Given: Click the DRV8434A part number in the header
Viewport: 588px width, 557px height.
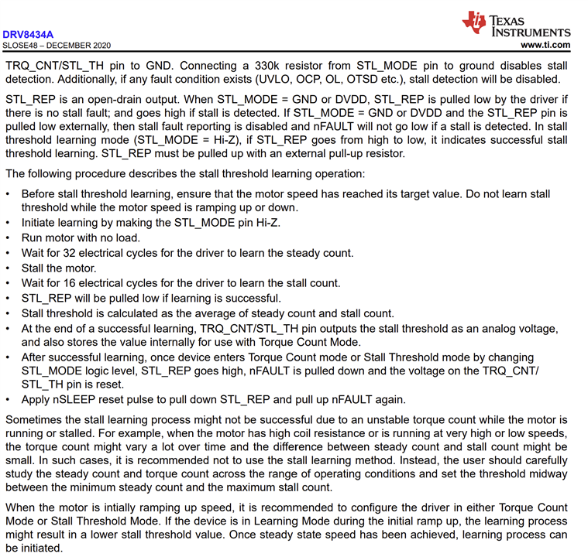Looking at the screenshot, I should click(x=28, y=34).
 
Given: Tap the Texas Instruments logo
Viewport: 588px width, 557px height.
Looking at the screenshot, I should click(x=516, y=23).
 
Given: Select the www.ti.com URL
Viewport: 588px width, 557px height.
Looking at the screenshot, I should click(x=547, y=46).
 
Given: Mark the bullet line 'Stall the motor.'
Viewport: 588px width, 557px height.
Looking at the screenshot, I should click(x=58, y=268).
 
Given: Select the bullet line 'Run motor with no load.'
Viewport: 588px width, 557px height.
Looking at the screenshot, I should click(x=81, y=238).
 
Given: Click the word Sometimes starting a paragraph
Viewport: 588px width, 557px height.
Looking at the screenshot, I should click(x=37, y=419).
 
